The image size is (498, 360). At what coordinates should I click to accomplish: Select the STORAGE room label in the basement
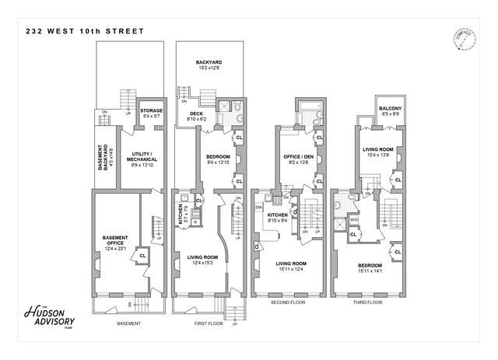151,110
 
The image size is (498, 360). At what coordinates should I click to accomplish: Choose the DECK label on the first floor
196,114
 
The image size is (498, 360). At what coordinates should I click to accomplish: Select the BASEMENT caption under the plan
128,323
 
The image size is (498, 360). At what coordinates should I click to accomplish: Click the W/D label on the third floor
353,220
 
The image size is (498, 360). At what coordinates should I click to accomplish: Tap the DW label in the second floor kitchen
259,208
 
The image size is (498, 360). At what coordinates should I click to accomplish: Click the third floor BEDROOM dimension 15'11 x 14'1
373,271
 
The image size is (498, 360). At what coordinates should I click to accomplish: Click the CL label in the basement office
142,254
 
